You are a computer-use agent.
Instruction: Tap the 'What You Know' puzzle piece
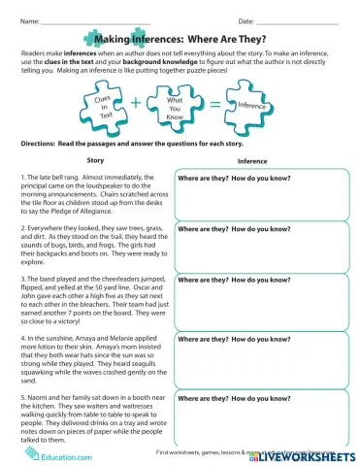point(176,104)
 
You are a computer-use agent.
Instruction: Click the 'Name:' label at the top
point(28,20)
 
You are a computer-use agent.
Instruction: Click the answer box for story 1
point(256,199)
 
